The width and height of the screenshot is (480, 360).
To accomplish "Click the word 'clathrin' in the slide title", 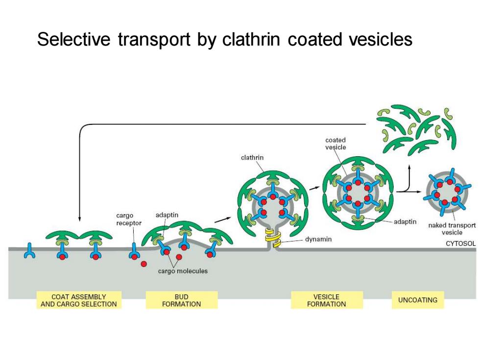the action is tap(251, 40).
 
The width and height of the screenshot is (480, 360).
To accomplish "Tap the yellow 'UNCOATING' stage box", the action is tap(417, 300).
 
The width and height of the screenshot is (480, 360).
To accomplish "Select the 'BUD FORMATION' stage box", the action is tap(182, 300).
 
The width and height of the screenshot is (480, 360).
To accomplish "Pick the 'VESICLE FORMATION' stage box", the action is tap(327, 300).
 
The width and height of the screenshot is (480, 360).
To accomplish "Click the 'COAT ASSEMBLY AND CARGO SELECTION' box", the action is tap(79, 300).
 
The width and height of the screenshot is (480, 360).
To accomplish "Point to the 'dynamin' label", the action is tap(318, 239).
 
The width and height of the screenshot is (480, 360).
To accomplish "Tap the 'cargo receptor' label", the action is tap(128, 219).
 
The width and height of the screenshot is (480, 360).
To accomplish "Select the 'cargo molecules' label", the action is tap(183, 271).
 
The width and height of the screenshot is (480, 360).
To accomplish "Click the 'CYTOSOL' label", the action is tap(460, 243).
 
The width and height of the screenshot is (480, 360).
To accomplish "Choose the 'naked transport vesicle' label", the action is tap(452, 229).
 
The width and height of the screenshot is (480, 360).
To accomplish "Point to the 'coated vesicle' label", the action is tap(336, 144).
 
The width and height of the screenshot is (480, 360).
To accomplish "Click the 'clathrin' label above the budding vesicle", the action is tap(252, 157).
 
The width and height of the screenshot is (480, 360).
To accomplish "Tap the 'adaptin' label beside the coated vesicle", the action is tap(405, 221).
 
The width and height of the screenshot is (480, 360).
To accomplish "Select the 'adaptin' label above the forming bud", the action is tap(167, 215).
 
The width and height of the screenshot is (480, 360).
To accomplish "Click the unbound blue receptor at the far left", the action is tap(29, 250).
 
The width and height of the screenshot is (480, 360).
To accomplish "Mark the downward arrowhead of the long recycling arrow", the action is tap(79, 218).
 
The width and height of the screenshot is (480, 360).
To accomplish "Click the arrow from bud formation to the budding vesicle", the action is tap(222, 219).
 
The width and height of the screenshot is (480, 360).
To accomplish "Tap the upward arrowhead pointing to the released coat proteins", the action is tap(409, 168).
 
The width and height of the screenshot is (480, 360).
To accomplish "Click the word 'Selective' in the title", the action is tap(73, 40).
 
